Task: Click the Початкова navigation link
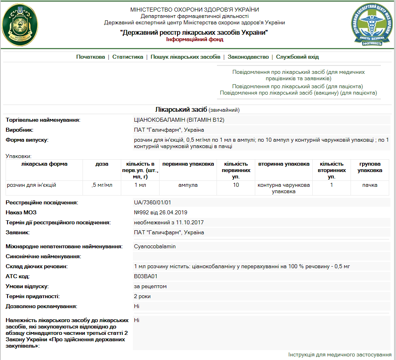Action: click(91, 57)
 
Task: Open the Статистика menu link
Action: click(128, 57)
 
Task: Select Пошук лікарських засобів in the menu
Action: click(185, 57)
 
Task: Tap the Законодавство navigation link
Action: click(248, 57)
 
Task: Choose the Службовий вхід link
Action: click(297, 57)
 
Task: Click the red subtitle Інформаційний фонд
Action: click(195, 40)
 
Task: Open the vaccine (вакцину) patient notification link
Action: click(298, 93)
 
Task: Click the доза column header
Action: click(102, 164)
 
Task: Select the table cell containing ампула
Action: click(187, 185)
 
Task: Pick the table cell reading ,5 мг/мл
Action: click(102, 185)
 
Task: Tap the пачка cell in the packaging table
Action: click(370, 185)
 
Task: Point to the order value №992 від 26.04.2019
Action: click(160, 212)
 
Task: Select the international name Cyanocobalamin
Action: click(155, 247)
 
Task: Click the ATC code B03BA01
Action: click(146, 276)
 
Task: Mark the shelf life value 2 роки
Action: click(142, 296)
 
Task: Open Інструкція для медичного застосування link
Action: click(340, 355)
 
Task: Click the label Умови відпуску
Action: click(27, 287)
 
